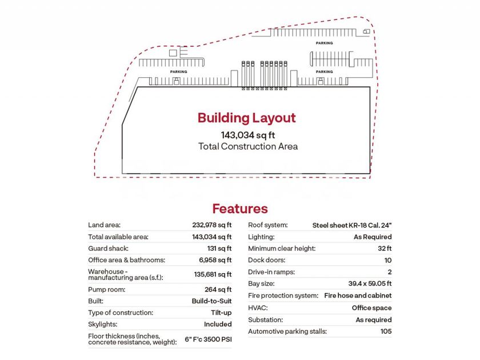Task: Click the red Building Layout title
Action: point(246,118)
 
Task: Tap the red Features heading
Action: point(240,209)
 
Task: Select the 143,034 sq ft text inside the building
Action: point(248,135)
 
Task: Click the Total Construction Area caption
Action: point(248,146)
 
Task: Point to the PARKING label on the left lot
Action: point(179,72)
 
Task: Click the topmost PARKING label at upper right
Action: point(325,43)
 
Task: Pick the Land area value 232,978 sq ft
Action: point(212,225)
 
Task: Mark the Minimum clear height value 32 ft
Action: point(385,249)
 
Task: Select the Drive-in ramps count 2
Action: point(389,272)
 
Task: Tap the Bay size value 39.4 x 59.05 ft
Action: point(366,283)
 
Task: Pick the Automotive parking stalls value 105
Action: point(386,331)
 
